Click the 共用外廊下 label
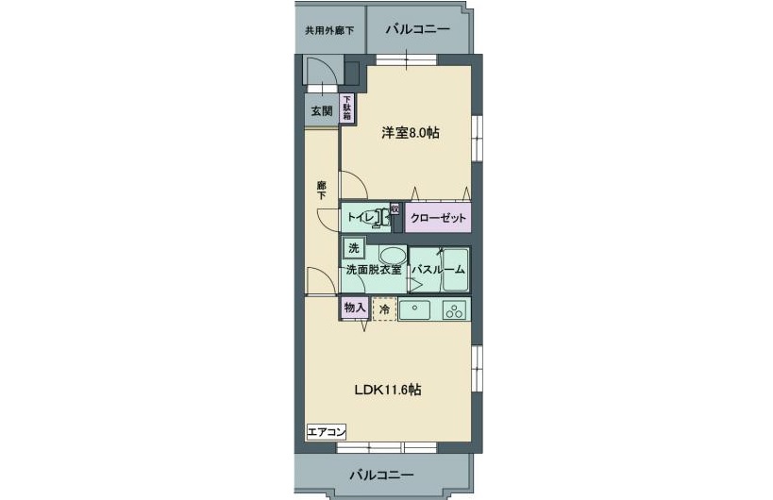tap(328, 30)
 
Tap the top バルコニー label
tap(417, 30)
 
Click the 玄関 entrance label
tap(321, 110)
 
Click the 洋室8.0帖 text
tap(410, 133)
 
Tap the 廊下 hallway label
tap(321, 190)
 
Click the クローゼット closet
tap(438, 218)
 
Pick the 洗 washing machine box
tap(353, 249)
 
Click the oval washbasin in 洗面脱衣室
tap(392, 255)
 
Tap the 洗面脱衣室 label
tap(373, 270)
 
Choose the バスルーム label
tap(438, 270)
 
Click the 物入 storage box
tap(354, 308)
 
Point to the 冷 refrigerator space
tap(384, 308)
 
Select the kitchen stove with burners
tap(454, 309)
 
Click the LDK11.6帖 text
tap(387, 390)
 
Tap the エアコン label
tap(327, 432)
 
